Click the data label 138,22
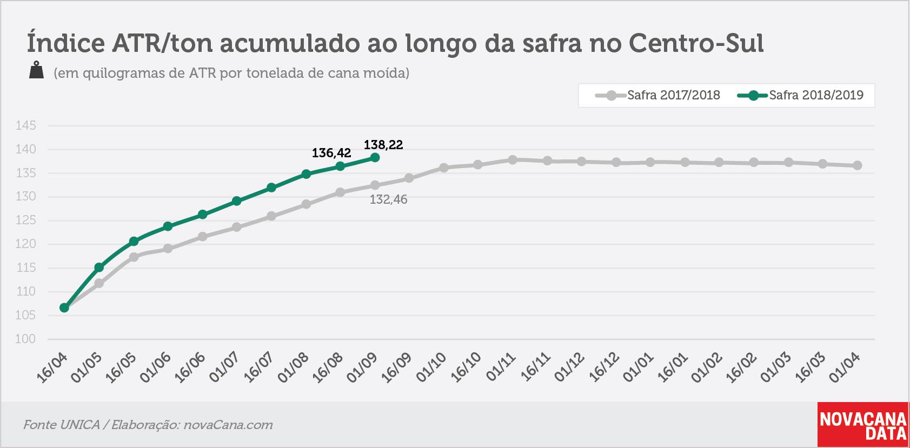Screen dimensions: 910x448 click(x=383, y=145)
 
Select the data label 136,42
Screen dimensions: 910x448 click(x=331, y=153)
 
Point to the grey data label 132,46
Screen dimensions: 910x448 click(x=388, y=199)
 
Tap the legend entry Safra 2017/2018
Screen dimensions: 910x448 click(x=657, y=96)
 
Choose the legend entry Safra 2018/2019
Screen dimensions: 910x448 click(x=800, y=96)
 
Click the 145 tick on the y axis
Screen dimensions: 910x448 click(x=25, y=125)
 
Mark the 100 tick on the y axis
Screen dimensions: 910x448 click(x=25, y=339)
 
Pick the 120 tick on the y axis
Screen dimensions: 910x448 click(x=25, y=244)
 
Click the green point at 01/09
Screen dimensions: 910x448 click(x=375, y=157)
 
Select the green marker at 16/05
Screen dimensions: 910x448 click(x=134, y=241)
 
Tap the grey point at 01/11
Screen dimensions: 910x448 click(x=513, y=160)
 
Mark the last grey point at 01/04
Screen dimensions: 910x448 click(x=857, y=165)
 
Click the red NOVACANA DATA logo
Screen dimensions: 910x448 click(x=862, y=424)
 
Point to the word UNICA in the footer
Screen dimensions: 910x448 click(x=79, y=425)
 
